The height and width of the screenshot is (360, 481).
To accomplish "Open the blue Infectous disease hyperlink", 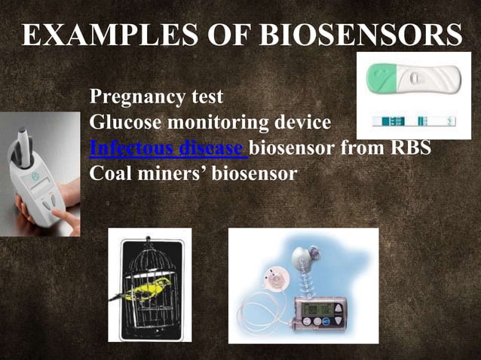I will (x=167, y=148).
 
